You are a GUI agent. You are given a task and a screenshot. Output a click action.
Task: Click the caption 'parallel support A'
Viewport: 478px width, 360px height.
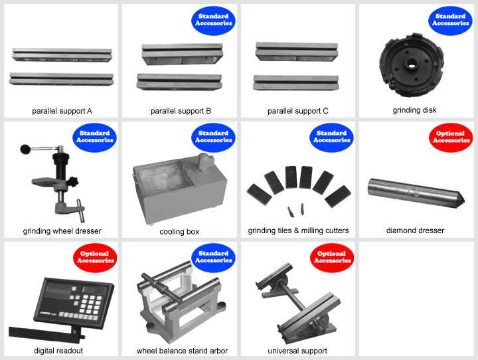(x=62, y=111)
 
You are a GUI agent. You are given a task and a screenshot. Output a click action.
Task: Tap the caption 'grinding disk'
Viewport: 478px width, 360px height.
(x=414, y=110)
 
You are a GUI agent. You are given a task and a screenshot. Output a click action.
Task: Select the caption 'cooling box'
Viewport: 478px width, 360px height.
(x=179, y=232)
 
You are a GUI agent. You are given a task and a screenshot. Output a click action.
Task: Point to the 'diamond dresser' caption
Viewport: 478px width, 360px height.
(x=415, y=230)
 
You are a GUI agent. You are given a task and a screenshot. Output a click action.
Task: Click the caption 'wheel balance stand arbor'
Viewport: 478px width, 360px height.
(x=182, y=351)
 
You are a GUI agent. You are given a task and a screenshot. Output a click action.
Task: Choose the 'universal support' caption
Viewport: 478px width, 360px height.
(x=297, y=351)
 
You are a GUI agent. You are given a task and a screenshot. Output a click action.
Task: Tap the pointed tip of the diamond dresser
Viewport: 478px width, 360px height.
(x=464, y=201)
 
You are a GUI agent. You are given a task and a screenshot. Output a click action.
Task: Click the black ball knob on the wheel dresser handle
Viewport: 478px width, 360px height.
(x=25, y=149)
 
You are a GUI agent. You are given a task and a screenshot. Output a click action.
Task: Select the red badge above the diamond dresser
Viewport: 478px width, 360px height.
(x=451, y=137)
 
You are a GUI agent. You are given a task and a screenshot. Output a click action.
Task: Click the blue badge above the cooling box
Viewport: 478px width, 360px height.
(x=213, y=137)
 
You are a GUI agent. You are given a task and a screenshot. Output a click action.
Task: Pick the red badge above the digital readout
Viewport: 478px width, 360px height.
(x=95, y=258)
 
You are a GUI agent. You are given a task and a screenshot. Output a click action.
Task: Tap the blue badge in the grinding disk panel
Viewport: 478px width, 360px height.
(x=450, y=21)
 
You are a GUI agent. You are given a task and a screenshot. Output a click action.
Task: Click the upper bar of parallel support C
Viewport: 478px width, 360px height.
(x=297, y=51)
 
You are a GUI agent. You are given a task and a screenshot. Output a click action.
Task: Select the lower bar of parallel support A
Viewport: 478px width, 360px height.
(x=61, y=79)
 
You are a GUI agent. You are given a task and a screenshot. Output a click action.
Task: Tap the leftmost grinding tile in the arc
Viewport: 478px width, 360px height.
(x=259, y=195)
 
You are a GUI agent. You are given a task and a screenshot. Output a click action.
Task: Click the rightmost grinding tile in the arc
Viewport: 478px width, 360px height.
(x=338, y=197)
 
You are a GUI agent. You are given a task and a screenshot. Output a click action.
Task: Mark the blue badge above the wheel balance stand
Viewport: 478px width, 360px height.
(x=213, y=258)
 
